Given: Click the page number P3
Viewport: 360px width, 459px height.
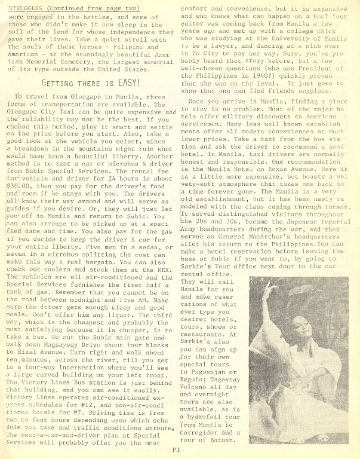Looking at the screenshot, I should [177, 450].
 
